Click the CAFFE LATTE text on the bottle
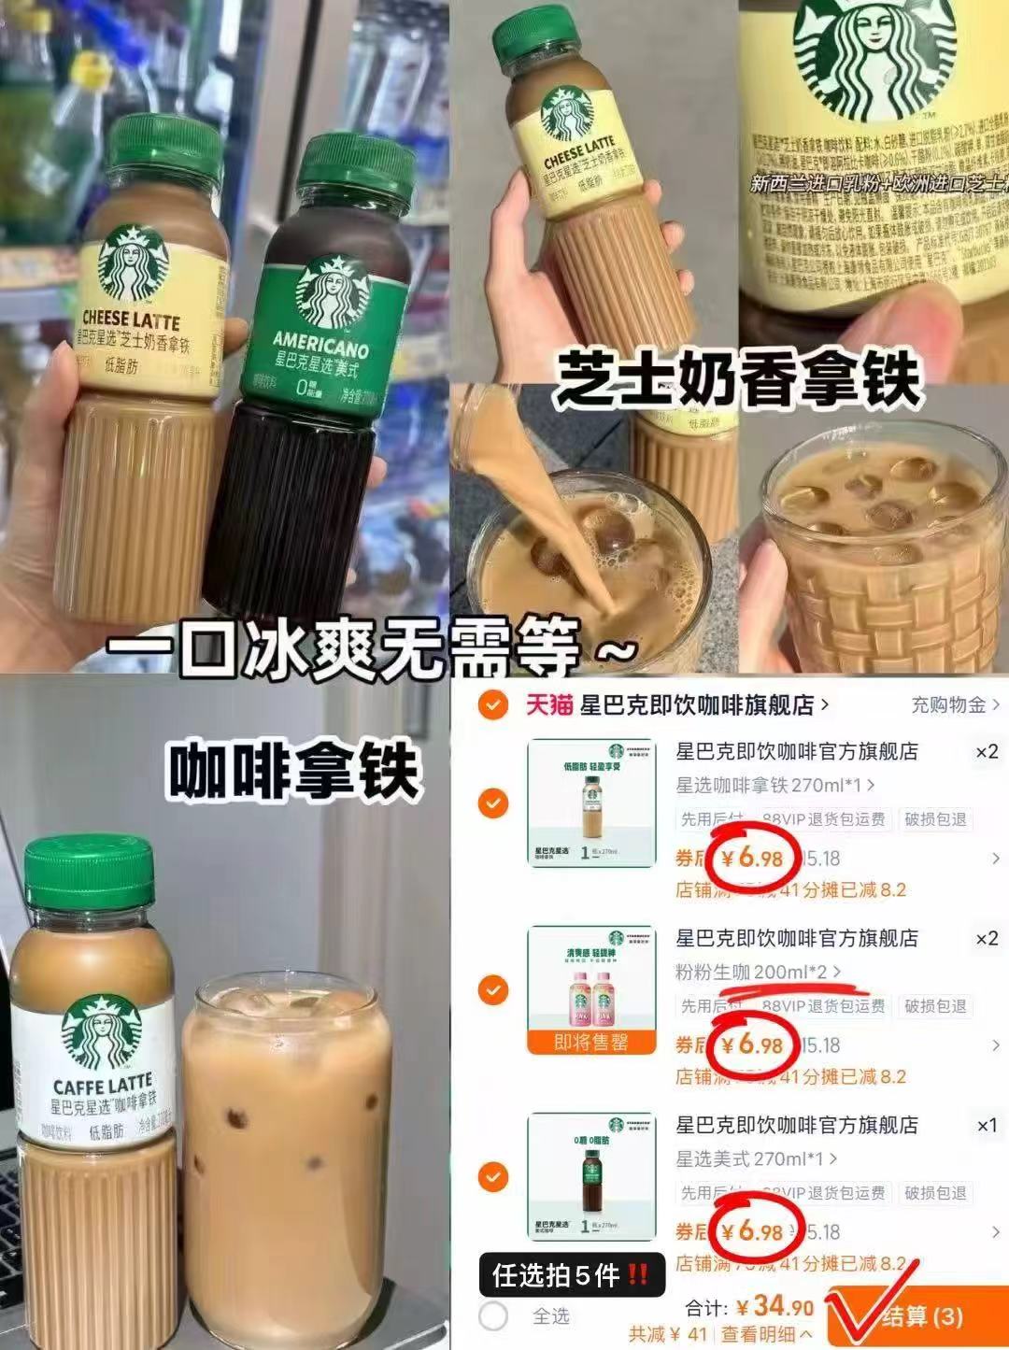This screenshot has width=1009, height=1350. pyautogui.click(x=103, y=1086)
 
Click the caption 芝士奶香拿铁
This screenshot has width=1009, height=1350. pyautogui.click(x=738, y=379)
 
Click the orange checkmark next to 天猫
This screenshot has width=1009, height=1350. pyautogui.click(x=492, y=705)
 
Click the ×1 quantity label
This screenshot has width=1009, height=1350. pyautogui.click(x=987, y=1126)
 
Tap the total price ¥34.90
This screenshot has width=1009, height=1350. pyautogui.click(x=775, y=1305)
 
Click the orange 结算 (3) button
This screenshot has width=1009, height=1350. pyautogui.click(x=920, y=1316)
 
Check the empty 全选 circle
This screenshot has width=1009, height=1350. pyautogui.click(x=493, y=1316)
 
